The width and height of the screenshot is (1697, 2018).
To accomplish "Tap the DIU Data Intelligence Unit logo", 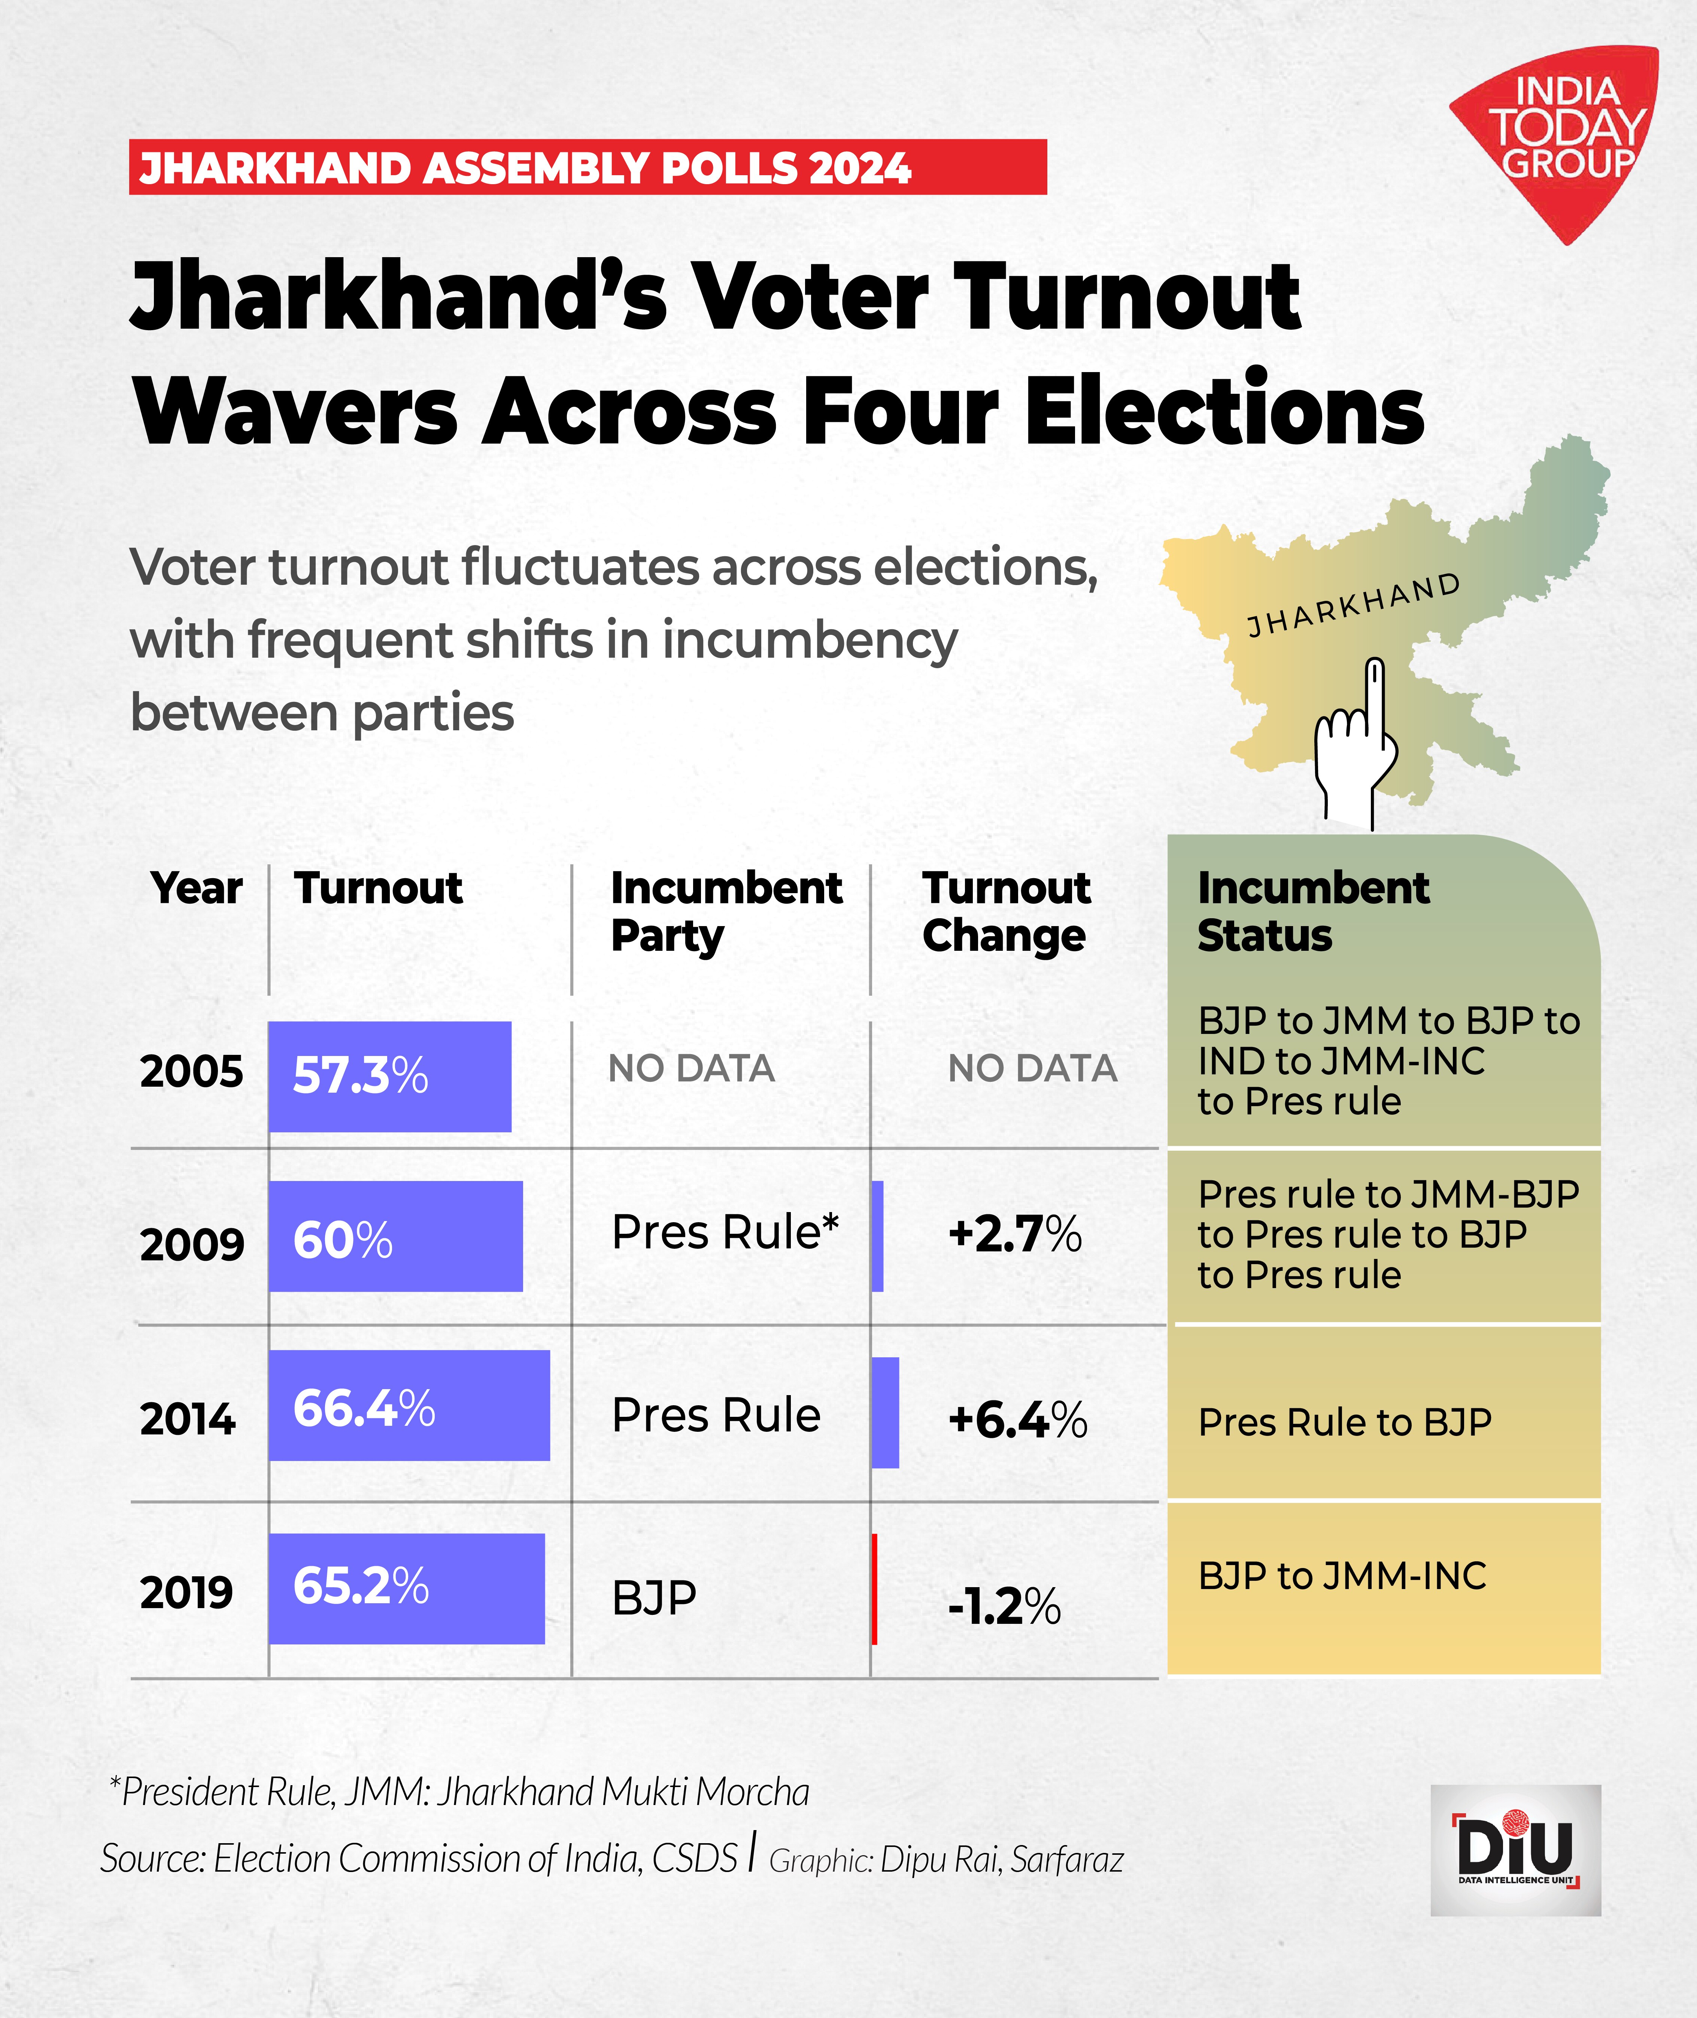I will [1515, 1850].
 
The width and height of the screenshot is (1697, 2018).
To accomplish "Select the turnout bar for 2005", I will [390, 1076].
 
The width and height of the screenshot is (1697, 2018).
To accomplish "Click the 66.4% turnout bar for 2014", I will [409, 1405].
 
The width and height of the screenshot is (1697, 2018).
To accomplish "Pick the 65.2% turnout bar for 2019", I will [406, 1588].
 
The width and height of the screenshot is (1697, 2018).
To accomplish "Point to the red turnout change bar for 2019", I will [874, 1588].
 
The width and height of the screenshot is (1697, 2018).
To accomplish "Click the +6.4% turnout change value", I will [1017, 1420].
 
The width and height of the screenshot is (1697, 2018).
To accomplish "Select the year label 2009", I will [191, 1245].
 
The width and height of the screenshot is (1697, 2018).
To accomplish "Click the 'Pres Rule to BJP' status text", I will [1344, 1422].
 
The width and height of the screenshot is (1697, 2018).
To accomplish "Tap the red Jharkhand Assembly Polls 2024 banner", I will [587, 167].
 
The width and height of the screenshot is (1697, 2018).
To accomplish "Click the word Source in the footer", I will [151, 1858].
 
